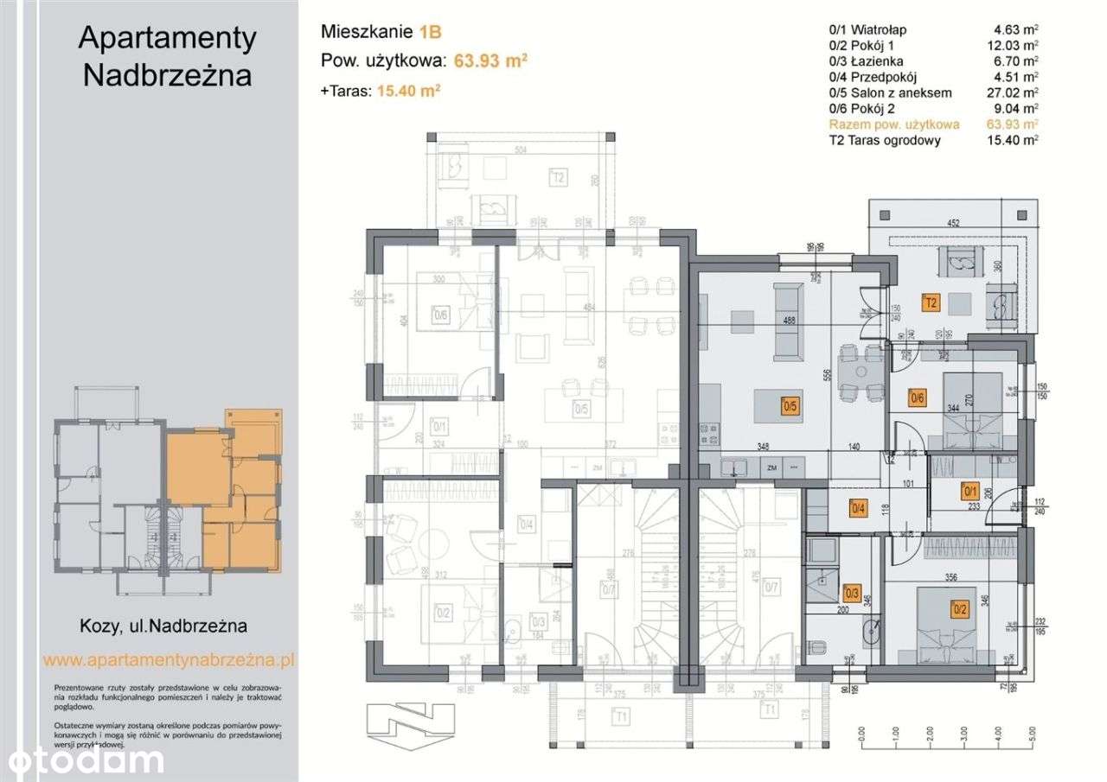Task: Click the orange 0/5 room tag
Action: pyautogui.click(x=790, y=404)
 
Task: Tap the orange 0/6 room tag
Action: pyautogui.click(x=917, y=398)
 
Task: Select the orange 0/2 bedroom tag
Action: pyautogui.click(x=959, y=607)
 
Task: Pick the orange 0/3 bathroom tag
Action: pyautogui.click(x=852, y=592)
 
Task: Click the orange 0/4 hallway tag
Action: pyautogui.click(x=858, y=509)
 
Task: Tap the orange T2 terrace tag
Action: pyautogui.click(x=931, y=303)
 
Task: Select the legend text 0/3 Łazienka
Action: pyautogui.click(x=866, y=61)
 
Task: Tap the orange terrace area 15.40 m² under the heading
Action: pyautogui.click(x=409, y=89)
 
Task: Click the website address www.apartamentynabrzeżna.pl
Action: pyautogui.click(x=169, y=659)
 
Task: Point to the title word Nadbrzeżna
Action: pyautogui.click(x=167, y=75)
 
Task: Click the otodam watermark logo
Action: pyautogui.click(x=82, y=760)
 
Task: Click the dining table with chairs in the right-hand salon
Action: pyautogui.click(x=861, y=371)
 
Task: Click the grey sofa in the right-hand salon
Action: pyautogui.click(x=788, y=320)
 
